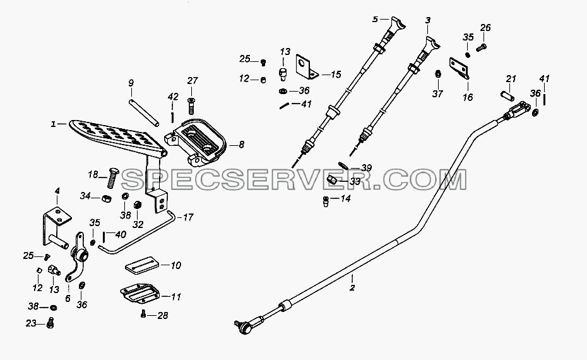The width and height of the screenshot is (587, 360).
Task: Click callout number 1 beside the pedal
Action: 53,124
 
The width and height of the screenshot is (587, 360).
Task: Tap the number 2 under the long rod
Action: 352,288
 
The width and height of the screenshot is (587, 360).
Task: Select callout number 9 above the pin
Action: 131,83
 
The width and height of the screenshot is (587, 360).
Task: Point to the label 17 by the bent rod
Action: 188,217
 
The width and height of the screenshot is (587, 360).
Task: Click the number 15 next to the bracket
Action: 336,75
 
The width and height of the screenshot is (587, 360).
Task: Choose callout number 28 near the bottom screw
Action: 162,315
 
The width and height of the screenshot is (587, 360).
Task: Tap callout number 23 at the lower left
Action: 31,323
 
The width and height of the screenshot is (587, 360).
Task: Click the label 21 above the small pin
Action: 511,79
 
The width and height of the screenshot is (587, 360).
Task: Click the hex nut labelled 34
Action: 106,198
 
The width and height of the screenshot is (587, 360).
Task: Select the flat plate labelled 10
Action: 141,265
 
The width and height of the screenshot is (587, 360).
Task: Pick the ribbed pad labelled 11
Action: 140,293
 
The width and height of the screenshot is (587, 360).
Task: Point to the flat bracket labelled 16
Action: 460,69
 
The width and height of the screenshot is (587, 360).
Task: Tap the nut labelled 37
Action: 437,74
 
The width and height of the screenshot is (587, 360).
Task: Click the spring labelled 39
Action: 343,165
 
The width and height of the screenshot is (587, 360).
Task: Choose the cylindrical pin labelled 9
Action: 144,113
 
